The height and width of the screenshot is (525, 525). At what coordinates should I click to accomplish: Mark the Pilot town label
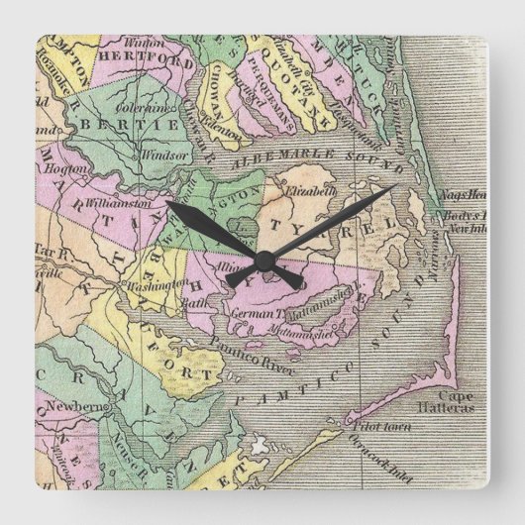tap(362, 425)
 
